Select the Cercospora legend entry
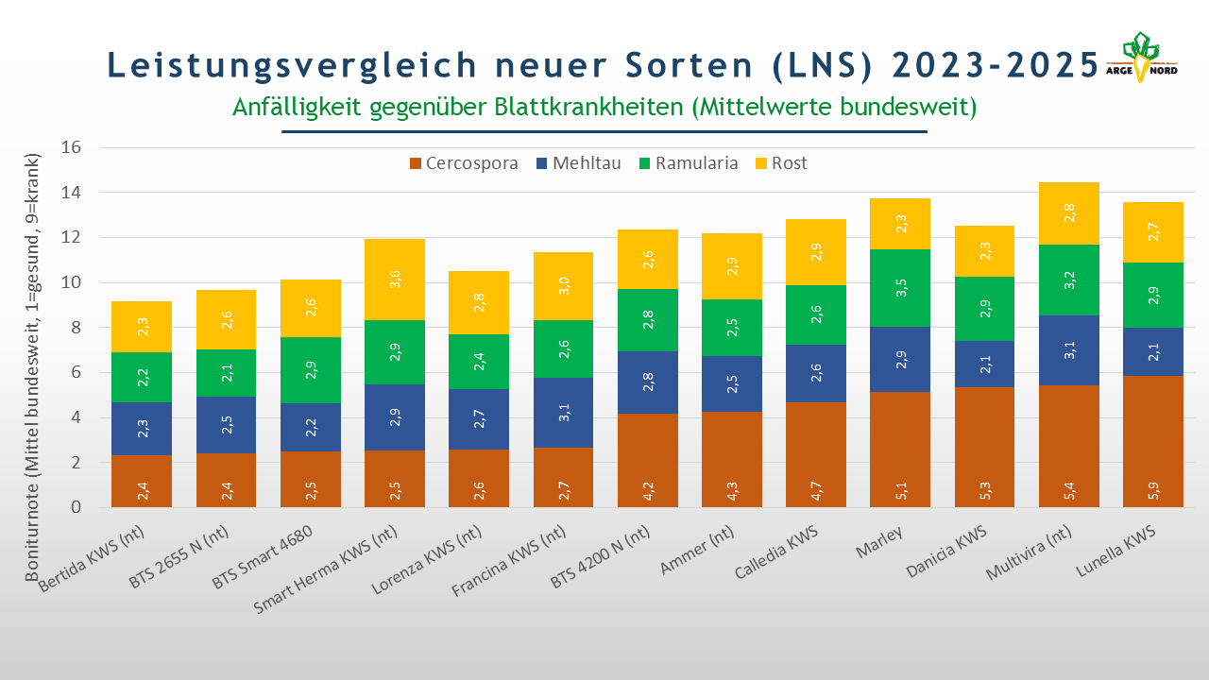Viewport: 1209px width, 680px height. click(464, 163)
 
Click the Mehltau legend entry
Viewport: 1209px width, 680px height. click(578, 163)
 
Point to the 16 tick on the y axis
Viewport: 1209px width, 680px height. click(73, 148)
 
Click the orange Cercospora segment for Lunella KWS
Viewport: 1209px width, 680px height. click(1152, 441)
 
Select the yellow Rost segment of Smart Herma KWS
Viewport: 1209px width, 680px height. click(395, 280)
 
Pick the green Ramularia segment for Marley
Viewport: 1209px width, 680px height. click(900, 288)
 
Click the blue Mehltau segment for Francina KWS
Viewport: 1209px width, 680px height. click(563, 413)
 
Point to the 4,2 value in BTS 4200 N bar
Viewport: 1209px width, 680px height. click(648, 490)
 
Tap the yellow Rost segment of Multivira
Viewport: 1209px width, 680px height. click(1068, 213)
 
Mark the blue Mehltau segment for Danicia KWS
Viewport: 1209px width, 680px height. click(984, 364)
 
